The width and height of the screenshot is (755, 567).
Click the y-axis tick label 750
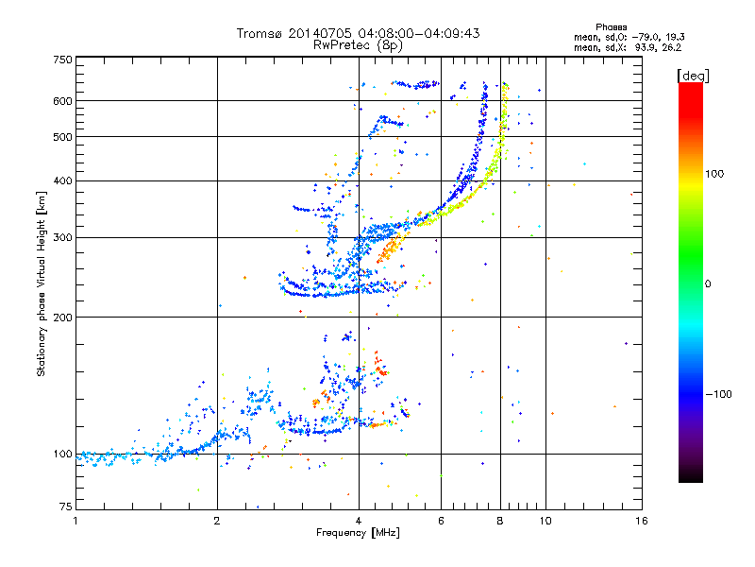pyautogui.click(x=62, y=60)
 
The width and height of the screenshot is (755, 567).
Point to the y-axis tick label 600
pyautogui.click(x=62, y=101)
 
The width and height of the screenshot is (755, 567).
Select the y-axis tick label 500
pyautogui.click(x=62, y=137)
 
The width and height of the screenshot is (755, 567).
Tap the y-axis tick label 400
pyautogui.click(x=62, y=180)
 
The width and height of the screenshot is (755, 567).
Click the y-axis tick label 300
pyautogui.click(x=62, y=237)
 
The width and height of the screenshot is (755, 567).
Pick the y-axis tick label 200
pyautogui.click(x=62, y=317)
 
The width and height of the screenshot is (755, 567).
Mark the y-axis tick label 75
pyautogui.click(x=65, y=507)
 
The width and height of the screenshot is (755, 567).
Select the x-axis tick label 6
pyautogui.click(x=441, y=521)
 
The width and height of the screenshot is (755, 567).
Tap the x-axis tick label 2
pyautogui.click(x=217, y=521)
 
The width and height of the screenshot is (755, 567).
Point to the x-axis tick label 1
pyautogui.click(x=75, y=521)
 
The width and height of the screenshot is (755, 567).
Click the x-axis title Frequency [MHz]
pyautogui.click(x=358, y=534)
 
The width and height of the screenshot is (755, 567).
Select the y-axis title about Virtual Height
pyautogui.click(x=42, y=283)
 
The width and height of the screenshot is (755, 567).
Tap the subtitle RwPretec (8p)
pyautogui.click(x=358, y=44)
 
